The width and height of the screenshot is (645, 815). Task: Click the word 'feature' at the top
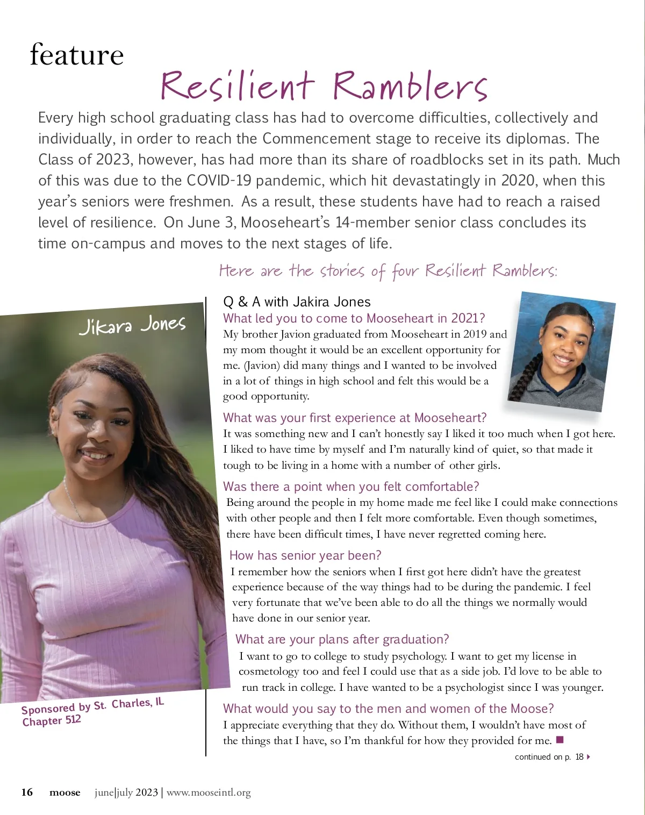pyautogui.click(x=77, y=55)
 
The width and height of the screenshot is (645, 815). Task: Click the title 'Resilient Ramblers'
pyautogui.click(x=324, y=86)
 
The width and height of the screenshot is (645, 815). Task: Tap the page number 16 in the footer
pyautogui.click(x=27, y=792)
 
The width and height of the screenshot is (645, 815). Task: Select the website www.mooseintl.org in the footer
pyautogui.click(x=209, y=792)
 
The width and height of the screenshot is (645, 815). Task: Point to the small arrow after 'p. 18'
pyautogui.click(x=589, y=757)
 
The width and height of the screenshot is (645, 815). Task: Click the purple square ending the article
pyautogui.click(x=560, y=740)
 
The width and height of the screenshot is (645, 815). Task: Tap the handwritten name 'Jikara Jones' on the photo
pyautogui.click(x=132, y=325)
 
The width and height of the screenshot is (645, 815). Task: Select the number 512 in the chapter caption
pyautogui.click(x=73, y=719)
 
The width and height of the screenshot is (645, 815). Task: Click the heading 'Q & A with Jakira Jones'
pyautogui.click(x=297, y=302)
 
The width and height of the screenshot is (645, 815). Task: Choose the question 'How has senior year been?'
pyautogui.click(x=305, y=555)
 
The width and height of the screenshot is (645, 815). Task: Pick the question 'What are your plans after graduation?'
pyautogui.click(x=342, y=639)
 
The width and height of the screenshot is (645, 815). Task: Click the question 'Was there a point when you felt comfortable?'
pyautogui.click(x=350, y=487)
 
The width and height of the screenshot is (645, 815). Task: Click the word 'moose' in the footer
pyautogui.click(x=64, y=792)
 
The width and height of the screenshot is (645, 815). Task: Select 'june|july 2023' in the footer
pyautogui.click(x=126, y=792)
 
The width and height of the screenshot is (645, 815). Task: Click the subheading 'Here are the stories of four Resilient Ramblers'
pyautogui.click(x=388, y=270)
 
